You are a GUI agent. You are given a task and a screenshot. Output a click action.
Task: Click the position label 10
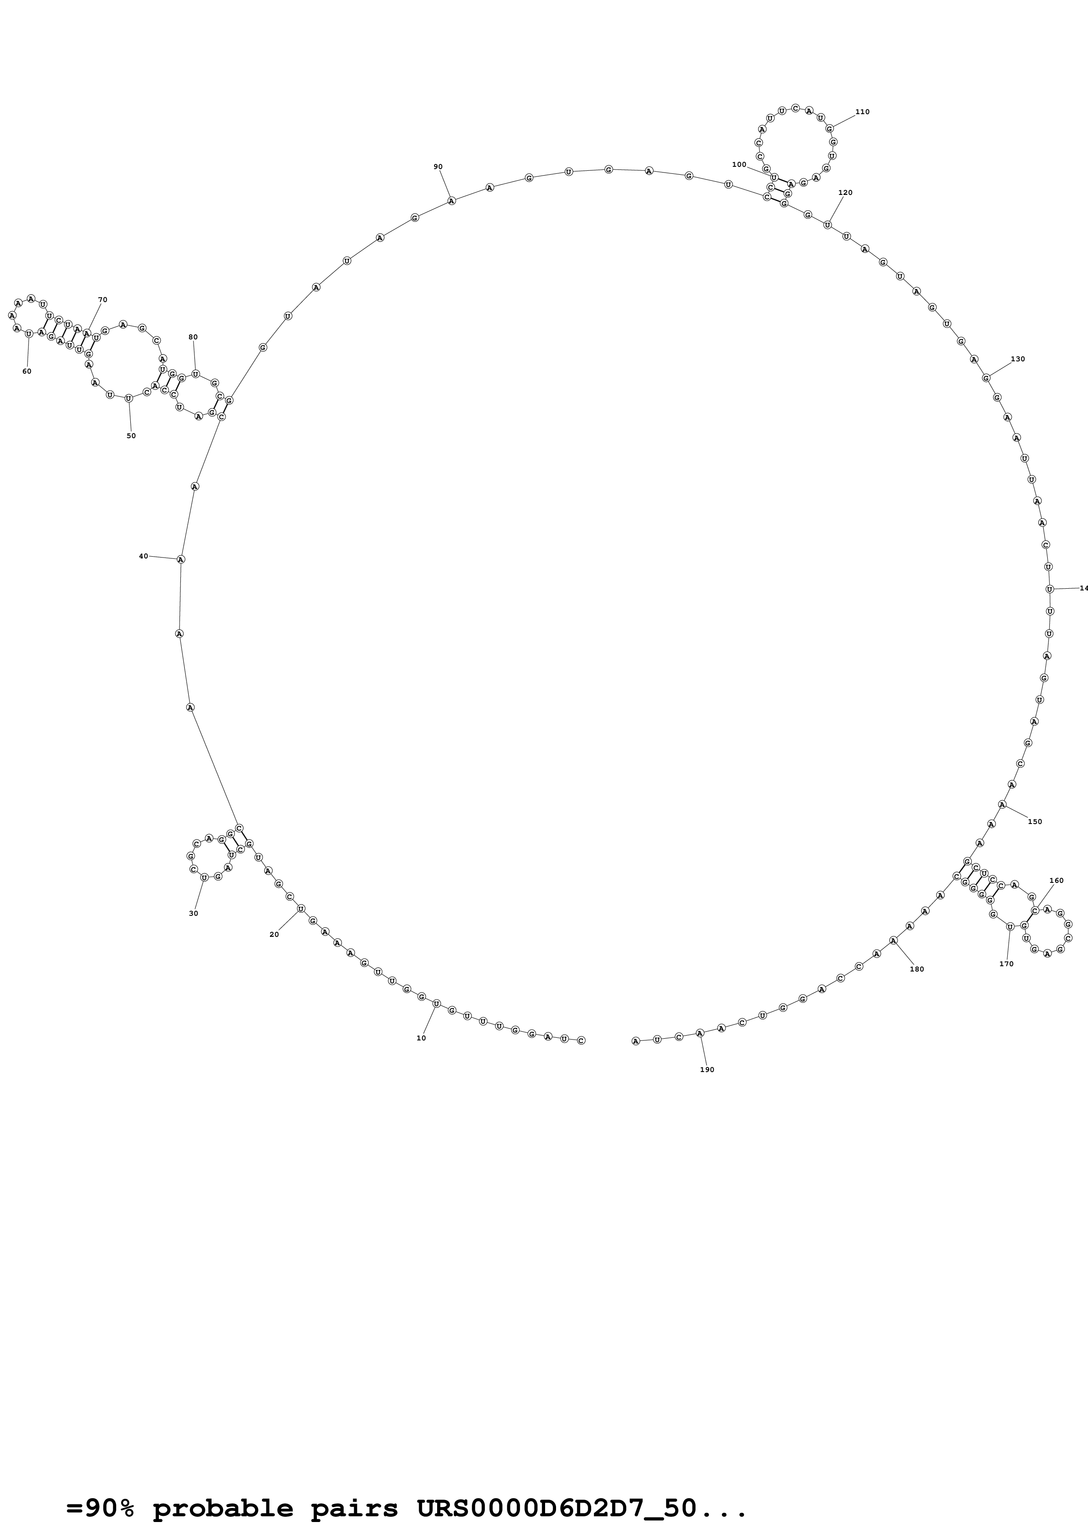(421, 1038)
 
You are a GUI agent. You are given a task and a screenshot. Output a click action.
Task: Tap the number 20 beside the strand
(274, 934)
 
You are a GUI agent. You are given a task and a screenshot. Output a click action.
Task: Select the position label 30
(193, 913)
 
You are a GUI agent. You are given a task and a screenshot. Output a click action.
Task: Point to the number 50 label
(131, 435)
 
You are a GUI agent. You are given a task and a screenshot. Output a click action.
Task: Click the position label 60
(27, 371)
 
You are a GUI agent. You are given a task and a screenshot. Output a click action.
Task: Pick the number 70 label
(103, 300)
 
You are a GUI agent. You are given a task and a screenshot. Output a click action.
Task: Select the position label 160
(1056, 881)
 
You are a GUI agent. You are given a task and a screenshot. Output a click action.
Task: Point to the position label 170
(1006, 964)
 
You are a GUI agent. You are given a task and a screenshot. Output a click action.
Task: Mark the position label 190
(707, 1069)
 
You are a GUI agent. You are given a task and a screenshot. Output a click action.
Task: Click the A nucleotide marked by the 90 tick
(451, 201)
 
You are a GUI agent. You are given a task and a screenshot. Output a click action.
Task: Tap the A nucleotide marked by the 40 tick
(180, 559)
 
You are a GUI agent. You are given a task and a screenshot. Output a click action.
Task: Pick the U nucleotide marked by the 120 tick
(827, 225)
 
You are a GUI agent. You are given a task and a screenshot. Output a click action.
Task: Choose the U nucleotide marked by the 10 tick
(436, 1004)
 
